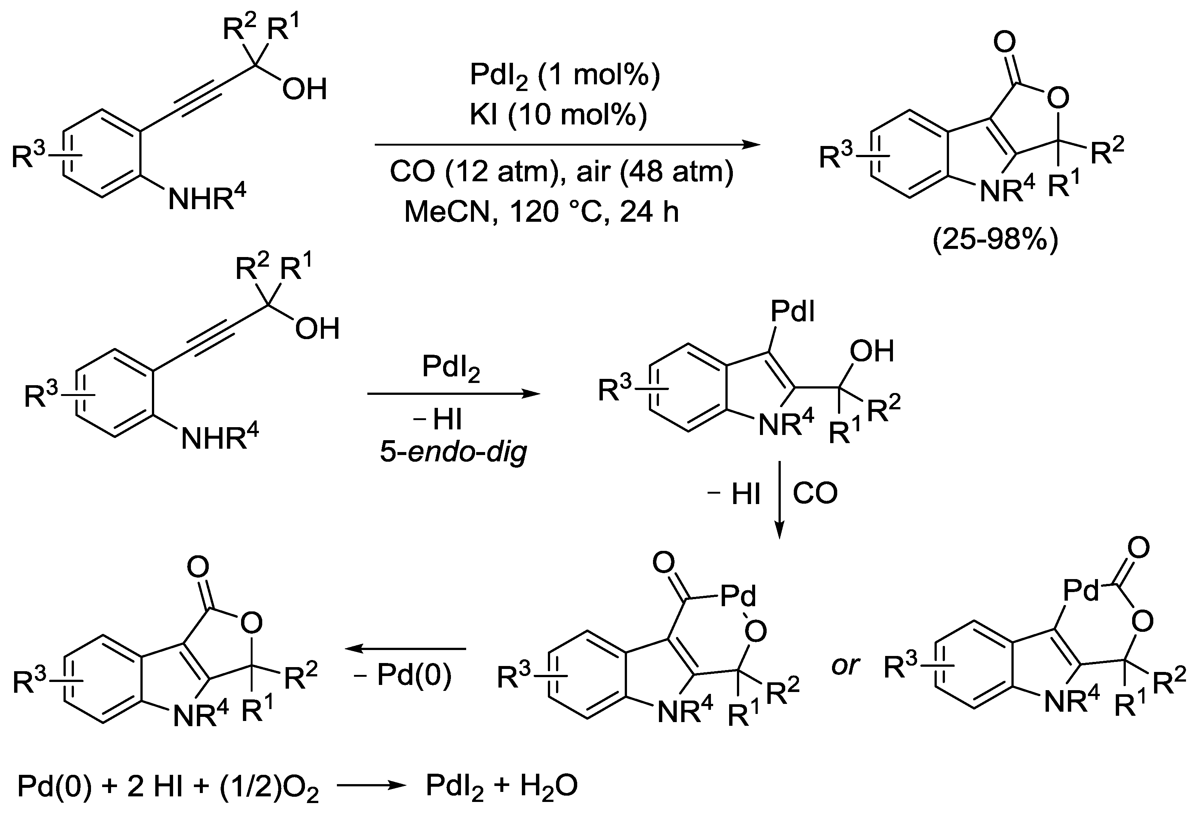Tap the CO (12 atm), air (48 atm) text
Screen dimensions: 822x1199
point(561,172)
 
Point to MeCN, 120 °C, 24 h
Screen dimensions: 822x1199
point(541,212)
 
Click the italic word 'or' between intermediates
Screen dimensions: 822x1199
point(845,666)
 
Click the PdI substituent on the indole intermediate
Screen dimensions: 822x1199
point(792,312)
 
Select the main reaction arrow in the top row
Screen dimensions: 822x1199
point(568,145)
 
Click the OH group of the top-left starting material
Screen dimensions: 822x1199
point(305,89)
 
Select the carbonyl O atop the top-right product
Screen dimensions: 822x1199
point(1004,42)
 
